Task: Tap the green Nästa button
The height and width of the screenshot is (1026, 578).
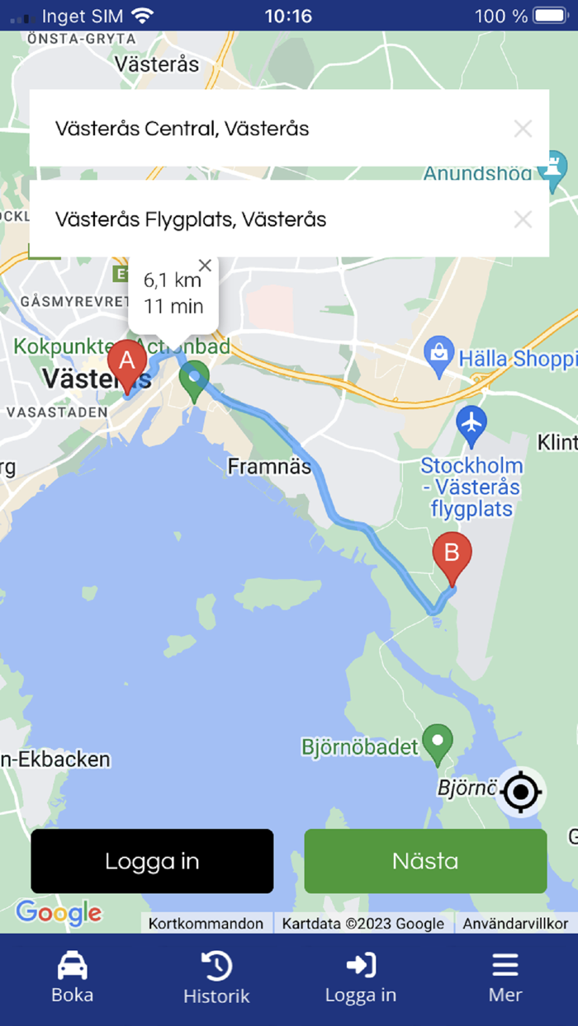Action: pos(425,861)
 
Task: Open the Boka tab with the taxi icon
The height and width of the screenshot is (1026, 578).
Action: pos(73,977)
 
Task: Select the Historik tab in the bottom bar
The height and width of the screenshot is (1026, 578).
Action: pos(216,977)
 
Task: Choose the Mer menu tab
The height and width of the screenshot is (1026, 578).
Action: pos(505,977)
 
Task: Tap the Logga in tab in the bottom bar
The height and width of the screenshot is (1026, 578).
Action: pos(361,977)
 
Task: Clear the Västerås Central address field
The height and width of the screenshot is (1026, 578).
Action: pos(523,129)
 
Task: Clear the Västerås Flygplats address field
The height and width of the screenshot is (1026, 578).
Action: pos(523,219)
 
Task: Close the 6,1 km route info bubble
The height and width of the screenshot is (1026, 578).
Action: pos(206,266)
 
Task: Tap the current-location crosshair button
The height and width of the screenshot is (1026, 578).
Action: pos(521,793)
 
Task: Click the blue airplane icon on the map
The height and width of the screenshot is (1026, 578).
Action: pos(471,423)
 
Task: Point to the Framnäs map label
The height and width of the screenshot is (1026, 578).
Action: pos(269,468)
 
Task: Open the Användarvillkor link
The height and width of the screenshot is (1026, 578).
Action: pos(515,924)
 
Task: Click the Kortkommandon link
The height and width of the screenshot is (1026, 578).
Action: pos(206,924)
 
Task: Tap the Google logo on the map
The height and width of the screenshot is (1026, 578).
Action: pos(59,912)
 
